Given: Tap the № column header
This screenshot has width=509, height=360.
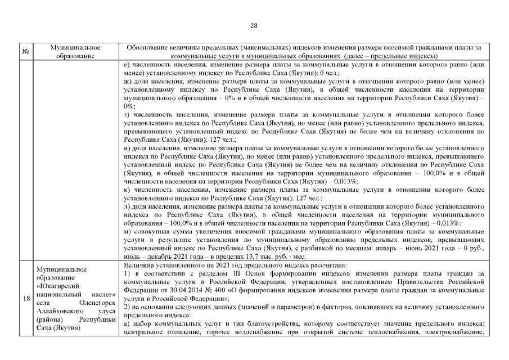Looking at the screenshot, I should click(25, 52).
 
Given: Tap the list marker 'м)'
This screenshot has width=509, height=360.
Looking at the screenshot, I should click(127, 231).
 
